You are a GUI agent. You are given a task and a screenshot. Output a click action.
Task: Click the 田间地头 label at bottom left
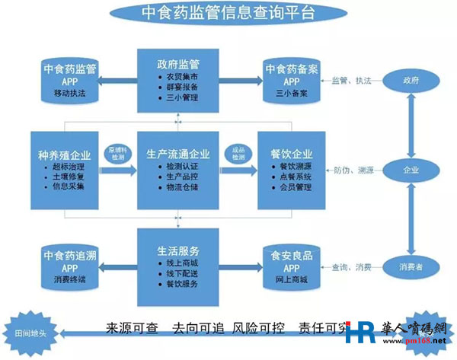point(31,333)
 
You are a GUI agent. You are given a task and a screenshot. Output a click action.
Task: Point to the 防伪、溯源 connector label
point(352,170)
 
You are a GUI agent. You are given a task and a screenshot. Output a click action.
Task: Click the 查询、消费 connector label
point(352,267)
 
